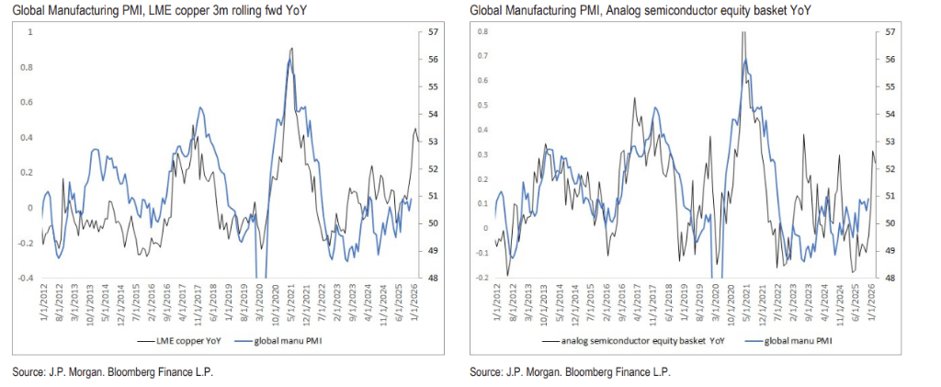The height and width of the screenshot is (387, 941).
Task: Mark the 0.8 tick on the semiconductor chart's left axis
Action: click(x=482, y=32)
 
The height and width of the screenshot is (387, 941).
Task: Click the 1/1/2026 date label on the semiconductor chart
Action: click(x=870, y=306)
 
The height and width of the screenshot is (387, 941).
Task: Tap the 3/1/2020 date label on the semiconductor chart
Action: click(x=715, y=306)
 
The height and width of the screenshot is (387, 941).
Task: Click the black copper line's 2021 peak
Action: click(x=291, y=49)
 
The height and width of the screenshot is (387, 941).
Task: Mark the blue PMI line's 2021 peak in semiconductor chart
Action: click(x=746, y=61)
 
